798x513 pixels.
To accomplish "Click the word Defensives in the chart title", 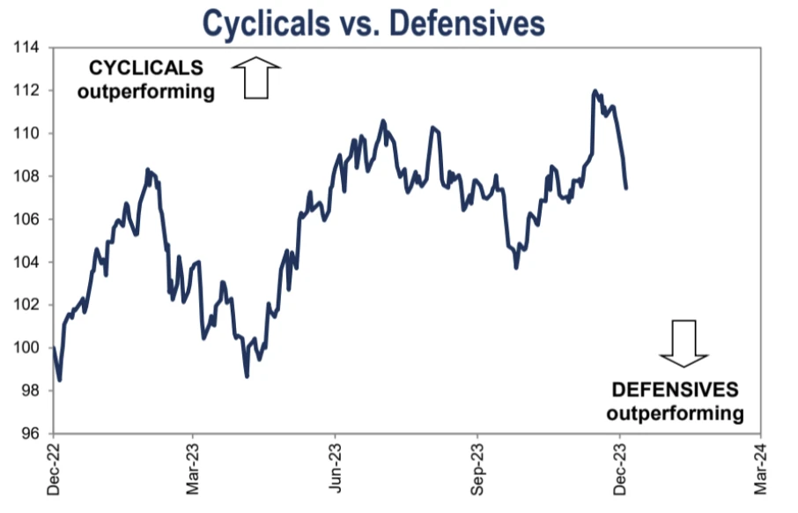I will pyautogui.click(x=467, y=23).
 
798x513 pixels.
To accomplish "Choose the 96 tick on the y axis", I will pyautogui.click(x=31, y=434).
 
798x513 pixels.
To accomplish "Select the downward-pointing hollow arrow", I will pyautogui.click(x=683, y=342).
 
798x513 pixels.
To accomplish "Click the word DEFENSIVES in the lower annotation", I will pyautogui.click(x=676, y=390).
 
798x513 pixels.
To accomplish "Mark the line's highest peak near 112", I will pyautogui.click(x=595, y=91).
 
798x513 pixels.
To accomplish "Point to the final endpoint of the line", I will pyautogui.click(x=625, y=188).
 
